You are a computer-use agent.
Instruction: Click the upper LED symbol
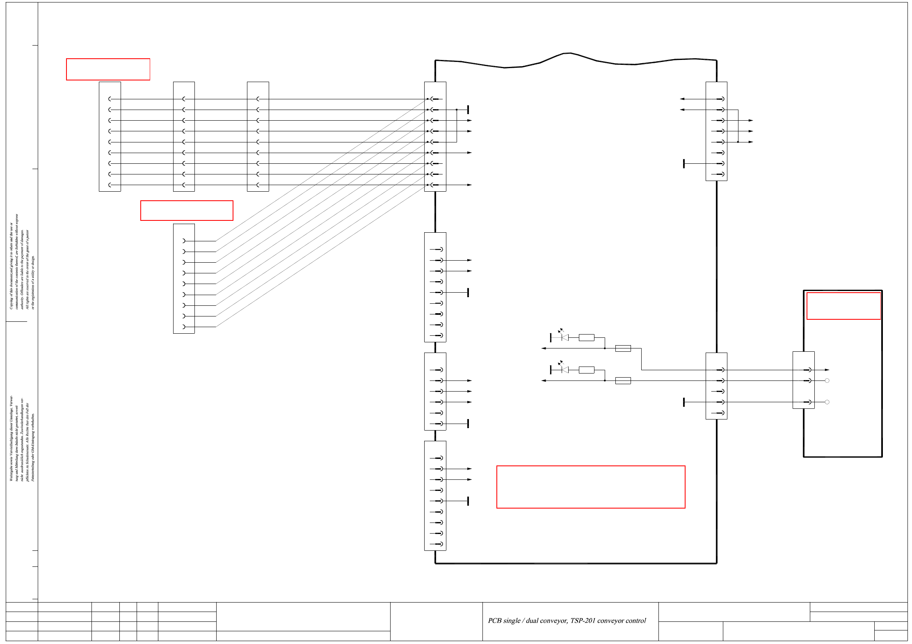[565, 337]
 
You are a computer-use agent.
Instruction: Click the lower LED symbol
[565, 369]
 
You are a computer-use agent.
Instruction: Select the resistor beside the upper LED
[586, 337]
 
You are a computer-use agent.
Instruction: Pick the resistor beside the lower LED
[586, 370]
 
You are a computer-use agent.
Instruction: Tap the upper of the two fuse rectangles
[623, 348]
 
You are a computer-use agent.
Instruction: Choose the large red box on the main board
[590, 487]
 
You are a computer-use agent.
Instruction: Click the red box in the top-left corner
[108, 69]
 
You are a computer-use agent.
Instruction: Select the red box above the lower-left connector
[187, 211]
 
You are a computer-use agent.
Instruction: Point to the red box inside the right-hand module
[843, 306]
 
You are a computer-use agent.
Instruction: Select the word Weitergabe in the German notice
[11, 472]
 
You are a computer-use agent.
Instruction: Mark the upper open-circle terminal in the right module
[827, 380]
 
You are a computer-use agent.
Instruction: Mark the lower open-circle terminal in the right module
[827, 402]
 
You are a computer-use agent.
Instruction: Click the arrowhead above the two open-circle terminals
[827, 370]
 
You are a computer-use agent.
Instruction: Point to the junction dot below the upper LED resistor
[605, 348]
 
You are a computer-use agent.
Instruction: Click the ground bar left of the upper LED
[551, 337]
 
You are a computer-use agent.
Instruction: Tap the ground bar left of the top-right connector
[684, 163]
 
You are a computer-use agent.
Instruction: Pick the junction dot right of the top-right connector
[738, 142]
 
